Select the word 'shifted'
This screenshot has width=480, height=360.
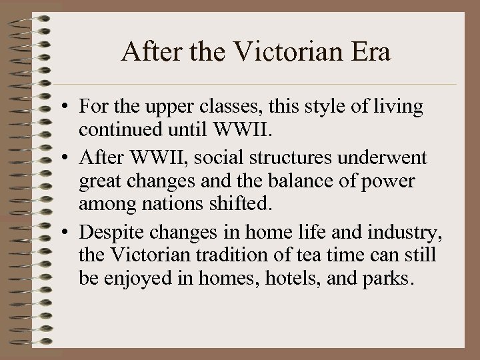pyautogui.click(x=235, y=205)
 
